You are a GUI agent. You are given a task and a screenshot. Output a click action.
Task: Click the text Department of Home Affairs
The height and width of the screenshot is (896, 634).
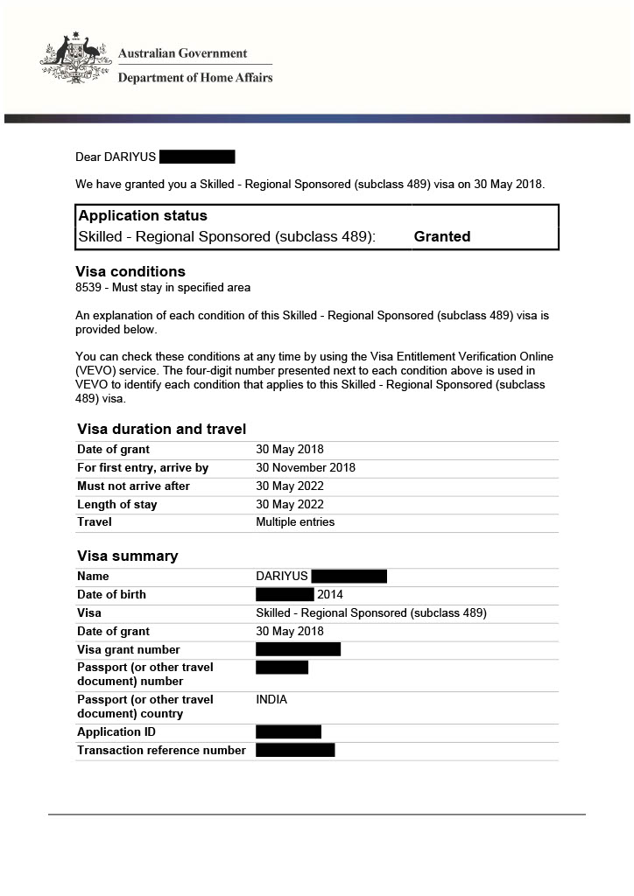[195, 77]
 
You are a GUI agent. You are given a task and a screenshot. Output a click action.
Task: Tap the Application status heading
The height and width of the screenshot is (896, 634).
[143, 216]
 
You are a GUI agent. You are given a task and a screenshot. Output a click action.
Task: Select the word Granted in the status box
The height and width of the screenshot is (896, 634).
[442, 236]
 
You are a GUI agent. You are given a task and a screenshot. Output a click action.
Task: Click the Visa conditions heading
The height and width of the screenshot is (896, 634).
[130, 271]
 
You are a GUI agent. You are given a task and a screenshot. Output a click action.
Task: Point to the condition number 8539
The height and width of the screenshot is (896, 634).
[88, 287]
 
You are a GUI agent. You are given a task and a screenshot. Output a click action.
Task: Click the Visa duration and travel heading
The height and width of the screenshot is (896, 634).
[161, 429]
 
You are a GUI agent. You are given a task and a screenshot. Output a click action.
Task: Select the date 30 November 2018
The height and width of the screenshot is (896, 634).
[306, 468]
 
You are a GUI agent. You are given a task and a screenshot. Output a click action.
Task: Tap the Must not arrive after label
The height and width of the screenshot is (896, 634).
[133, 486]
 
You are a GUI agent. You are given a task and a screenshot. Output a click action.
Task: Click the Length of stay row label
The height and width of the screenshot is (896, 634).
[117, 505]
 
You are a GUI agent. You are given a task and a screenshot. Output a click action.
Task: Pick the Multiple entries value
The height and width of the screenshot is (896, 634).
[295, 522]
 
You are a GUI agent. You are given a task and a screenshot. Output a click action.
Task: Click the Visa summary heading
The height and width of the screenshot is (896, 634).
[127, 556]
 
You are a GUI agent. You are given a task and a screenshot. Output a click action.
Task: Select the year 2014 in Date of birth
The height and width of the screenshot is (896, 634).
[330, 595]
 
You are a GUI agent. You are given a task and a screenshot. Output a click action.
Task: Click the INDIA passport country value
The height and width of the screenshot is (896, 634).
[271, 700]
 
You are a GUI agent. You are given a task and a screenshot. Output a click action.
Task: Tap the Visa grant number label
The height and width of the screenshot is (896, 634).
[129, 650]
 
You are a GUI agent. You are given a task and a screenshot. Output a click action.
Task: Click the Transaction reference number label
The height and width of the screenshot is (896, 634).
[161, 751]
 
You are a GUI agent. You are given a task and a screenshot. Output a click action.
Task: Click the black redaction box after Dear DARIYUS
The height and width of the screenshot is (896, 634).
[198, 157]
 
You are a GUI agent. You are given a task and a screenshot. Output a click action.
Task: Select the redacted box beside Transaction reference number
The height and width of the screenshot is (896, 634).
[295, 751]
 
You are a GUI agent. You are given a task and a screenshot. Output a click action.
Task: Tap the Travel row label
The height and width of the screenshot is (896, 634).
[95, 522]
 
